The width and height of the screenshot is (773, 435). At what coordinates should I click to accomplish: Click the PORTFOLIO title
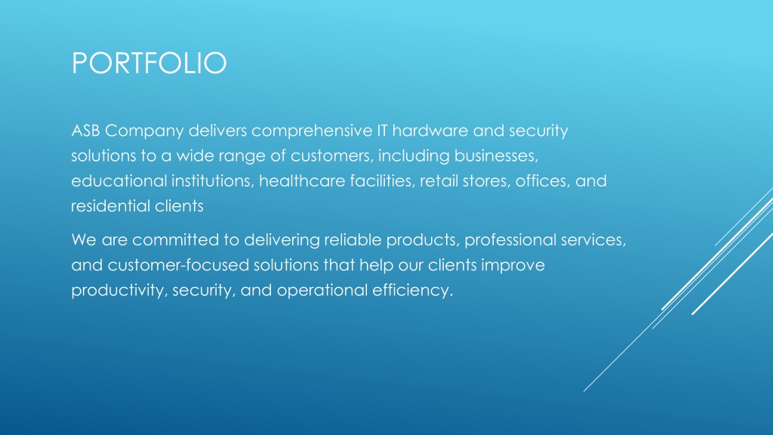pos(149,63)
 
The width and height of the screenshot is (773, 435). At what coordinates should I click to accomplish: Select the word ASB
pos(85,131)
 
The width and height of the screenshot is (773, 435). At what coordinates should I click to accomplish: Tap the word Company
pos(144,131)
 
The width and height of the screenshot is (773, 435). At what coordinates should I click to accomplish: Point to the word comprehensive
pos(312,131)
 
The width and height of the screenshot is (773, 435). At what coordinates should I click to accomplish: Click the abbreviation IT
pos(382,131)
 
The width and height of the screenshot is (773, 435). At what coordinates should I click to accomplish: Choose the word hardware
pos(430,131)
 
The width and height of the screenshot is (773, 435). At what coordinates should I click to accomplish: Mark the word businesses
pos(496,156)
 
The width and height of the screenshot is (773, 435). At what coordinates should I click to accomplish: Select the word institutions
pos(212,181)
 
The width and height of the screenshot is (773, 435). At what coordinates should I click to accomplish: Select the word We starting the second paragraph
pos(84,240)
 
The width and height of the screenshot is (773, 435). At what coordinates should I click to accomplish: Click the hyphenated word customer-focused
pos(178,265)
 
